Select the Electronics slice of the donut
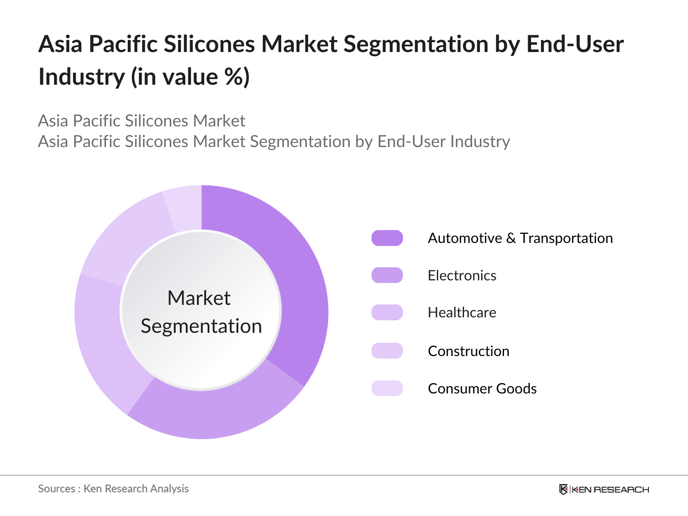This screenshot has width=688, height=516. point(215,413)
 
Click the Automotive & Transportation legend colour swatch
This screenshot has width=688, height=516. point(387,238)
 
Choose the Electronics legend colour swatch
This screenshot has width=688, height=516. point(387,275)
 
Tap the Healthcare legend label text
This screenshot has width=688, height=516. point(462,313)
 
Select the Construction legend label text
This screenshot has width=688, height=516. point(468,351)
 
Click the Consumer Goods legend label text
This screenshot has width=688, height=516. point(482,389)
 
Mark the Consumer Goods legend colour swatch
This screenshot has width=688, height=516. point(387,388)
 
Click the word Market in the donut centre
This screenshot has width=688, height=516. point(199,298)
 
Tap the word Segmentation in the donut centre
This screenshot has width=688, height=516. point(201,326)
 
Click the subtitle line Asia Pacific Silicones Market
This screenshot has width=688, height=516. point(141,121)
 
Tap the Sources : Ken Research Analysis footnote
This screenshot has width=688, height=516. point(113,489)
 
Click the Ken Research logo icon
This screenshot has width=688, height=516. point(563,489)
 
